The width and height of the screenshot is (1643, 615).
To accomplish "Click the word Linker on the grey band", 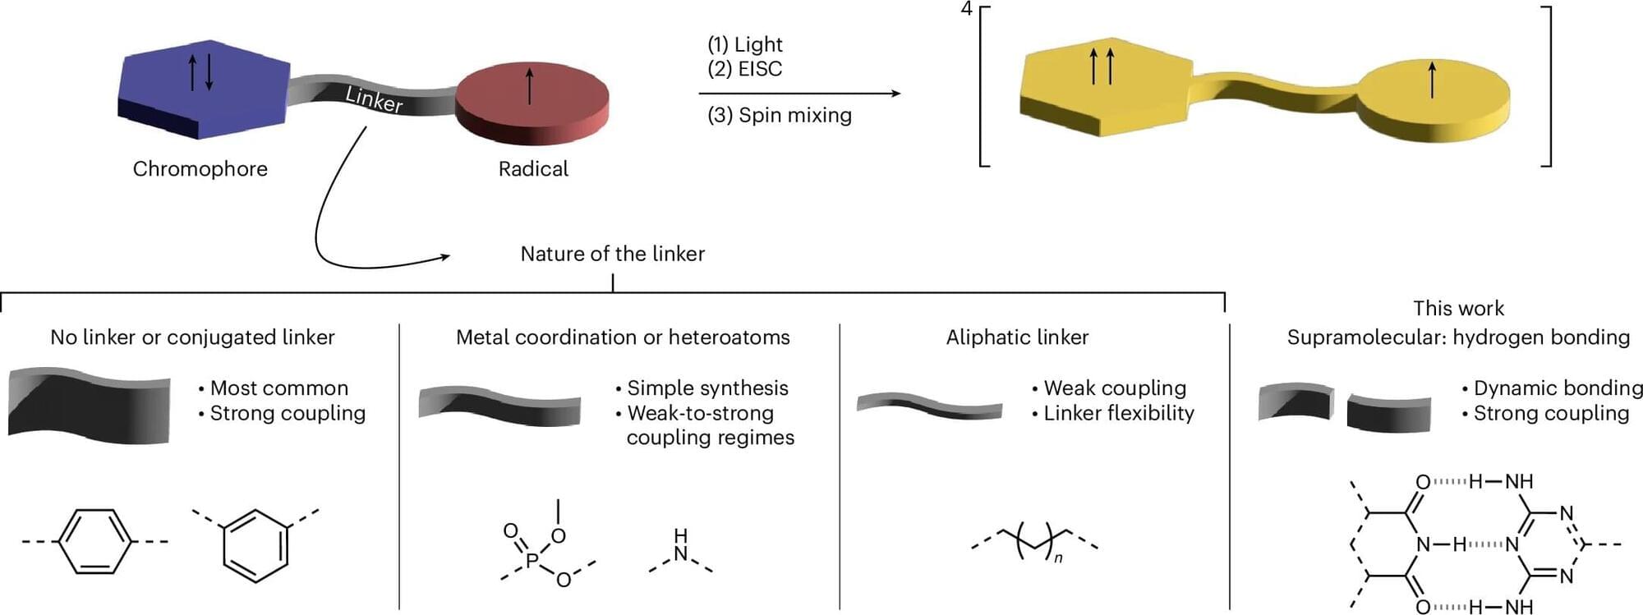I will [x=374, y=99].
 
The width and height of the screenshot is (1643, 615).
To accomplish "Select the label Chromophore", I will [x=200, y=169].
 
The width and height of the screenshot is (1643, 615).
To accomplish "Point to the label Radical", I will [x=533, y=169].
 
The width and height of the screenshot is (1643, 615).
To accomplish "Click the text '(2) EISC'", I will [x=744, y=69].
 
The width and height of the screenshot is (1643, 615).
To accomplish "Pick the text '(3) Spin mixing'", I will [x=779, y=115].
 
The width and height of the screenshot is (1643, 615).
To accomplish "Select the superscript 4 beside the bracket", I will [x=966, y=9].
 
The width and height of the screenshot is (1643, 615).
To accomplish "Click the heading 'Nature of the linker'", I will [x=612, y=254].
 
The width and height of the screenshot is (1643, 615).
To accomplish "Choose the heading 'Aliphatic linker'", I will [x=1017, y=337].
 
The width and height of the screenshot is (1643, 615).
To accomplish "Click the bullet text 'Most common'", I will [x=278, y=388].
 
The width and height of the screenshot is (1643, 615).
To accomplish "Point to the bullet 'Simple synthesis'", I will [x=706, y=388].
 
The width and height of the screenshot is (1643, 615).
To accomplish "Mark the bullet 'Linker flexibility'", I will [x=1118, y=413].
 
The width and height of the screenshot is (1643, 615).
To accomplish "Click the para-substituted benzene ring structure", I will [x=94, y=541].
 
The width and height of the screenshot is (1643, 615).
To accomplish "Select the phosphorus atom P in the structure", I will [x=532, y=560].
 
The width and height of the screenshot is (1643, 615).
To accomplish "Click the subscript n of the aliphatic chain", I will [x=1058, y=558].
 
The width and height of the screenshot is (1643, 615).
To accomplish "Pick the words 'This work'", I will [x=1458, y=309].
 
